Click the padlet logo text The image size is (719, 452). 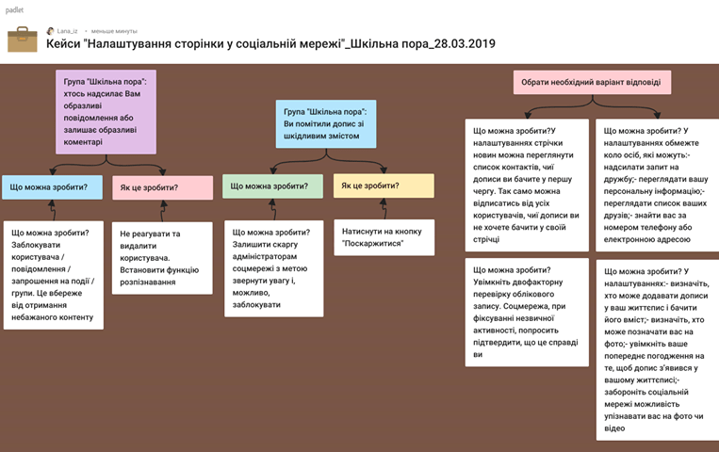coord(13,8)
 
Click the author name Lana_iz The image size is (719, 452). coord(67,31)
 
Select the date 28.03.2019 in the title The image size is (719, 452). coord(460,44)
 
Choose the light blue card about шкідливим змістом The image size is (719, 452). coord(326,122)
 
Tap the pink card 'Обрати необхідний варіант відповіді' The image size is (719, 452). coord(591,83)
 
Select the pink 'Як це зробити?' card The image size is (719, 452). coord(162,187)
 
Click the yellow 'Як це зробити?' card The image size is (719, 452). coord(383,186)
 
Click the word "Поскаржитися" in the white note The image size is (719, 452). coord(374,243)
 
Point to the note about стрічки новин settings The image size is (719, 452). coord(527,186)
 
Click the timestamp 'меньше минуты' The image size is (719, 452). coord(114,31)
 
